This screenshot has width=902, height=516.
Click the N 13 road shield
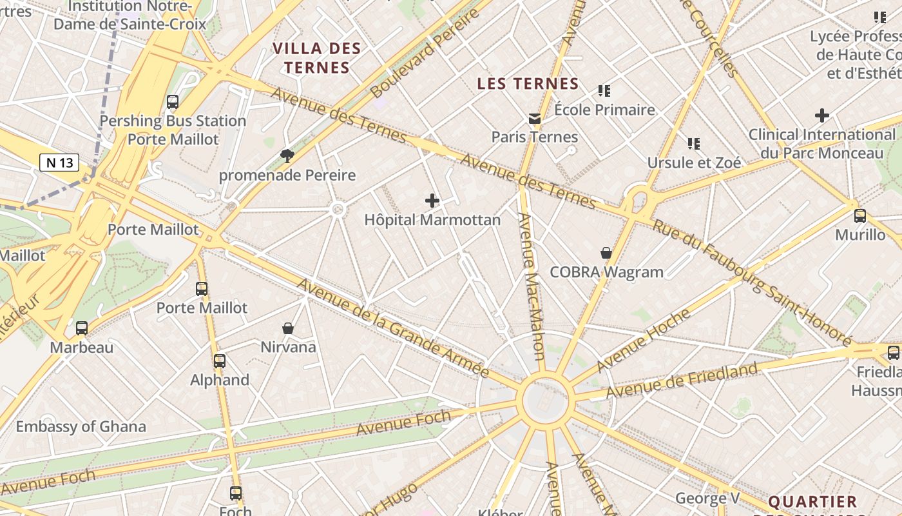coord(59,163)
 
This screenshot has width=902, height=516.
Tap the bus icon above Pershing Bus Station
coord(172,102)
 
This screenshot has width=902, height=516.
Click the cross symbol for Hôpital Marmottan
coord(432,201)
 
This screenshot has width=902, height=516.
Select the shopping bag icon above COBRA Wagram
coord(606,253)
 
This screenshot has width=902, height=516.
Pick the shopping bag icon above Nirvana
coord(288,329)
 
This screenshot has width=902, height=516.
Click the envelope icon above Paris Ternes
coord(535,119)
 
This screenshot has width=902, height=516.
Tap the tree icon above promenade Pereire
coord(287,155)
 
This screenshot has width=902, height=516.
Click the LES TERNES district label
coord(528,84)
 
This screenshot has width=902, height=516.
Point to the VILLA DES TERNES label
coord(316,58)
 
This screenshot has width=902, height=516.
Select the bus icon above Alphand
coord(220,361)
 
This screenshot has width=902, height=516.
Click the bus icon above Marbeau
coord(82,328)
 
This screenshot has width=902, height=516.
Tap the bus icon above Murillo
coord(859,216)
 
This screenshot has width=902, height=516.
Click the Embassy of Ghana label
coord(81,426)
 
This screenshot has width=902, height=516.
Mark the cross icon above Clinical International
coord(821,116)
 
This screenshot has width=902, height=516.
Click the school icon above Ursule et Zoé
coord(694,143)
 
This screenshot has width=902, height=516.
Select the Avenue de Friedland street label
coord(682,381)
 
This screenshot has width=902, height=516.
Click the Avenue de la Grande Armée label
coord(392,328)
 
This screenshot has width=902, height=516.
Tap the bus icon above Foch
coord(236,493)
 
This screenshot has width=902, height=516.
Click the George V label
coord(707,498)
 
